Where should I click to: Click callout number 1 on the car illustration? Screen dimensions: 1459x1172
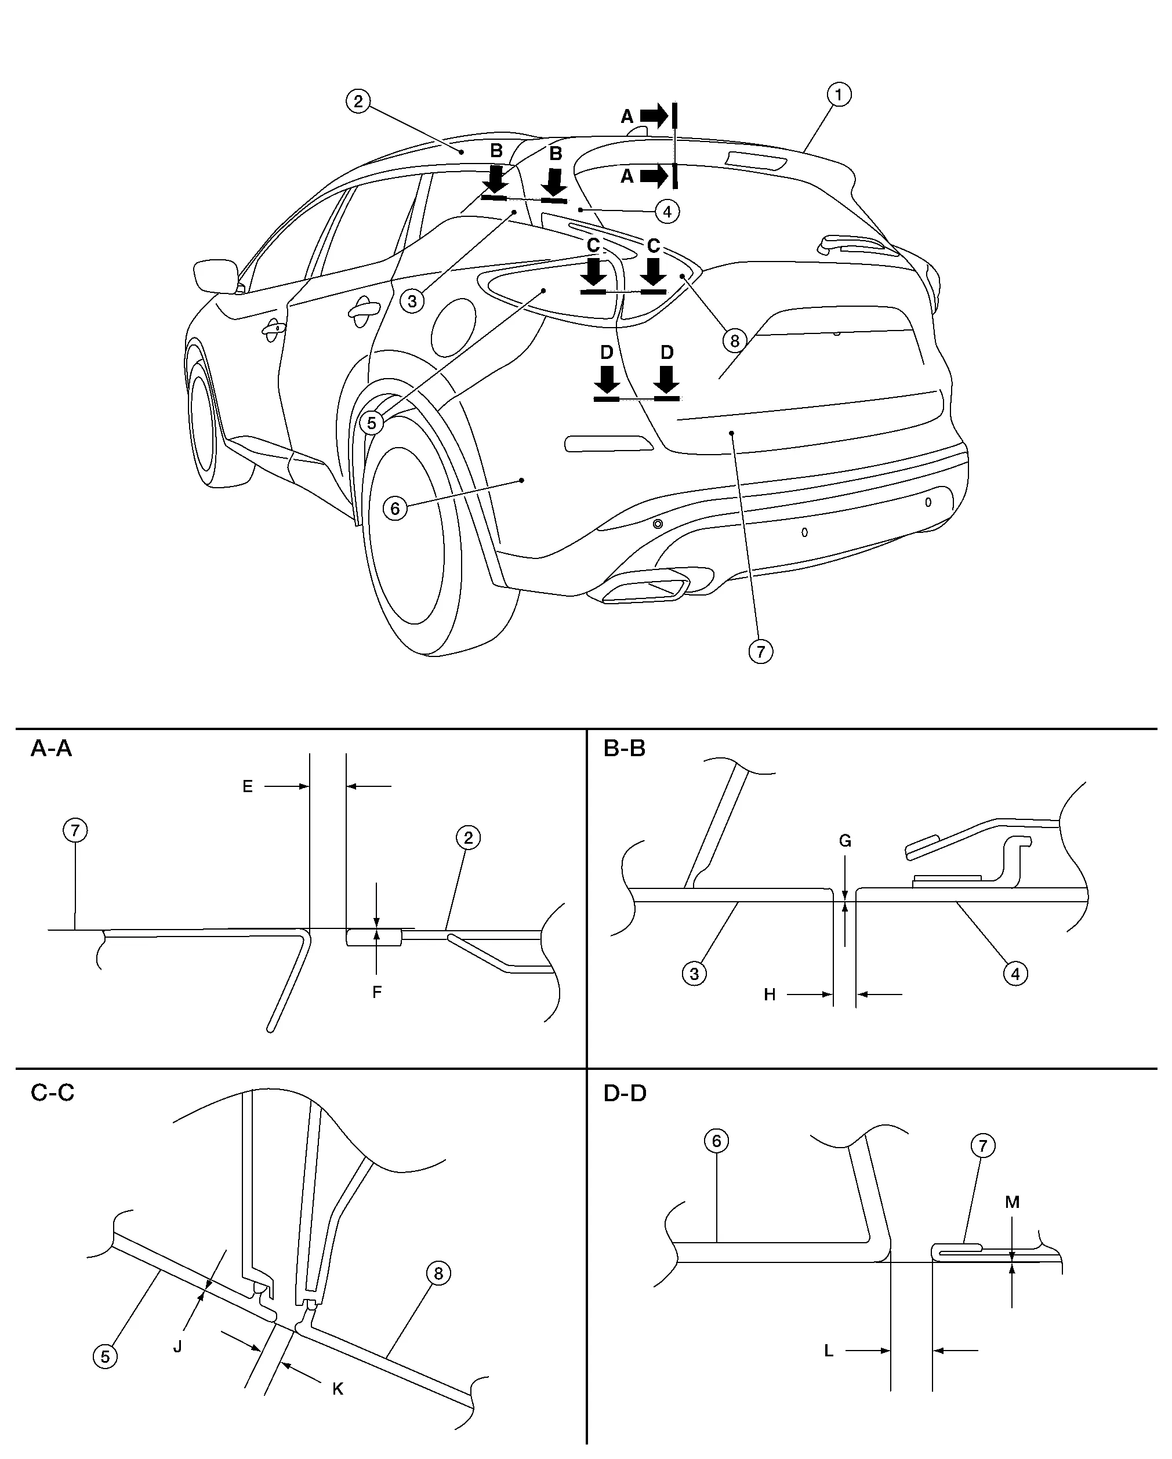point(839,95)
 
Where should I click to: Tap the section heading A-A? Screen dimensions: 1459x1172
point(51,749)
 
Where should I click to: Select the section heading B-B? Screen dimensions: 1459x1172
point(624,749)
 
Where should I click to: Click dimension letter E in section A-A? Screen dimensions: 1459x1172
point(248,786)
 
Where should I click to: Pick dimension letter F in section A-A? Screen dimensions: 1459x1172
point(377,992)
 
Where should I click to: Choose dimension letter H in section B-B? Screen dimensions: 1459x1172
point(770,995)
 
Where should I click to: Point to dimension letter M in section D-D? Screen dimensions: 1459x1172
point(1011,1203)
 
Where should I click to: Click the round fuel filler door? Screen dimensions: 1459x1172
point(453,324)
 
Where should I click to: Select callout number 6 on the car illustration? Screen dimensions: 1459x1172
point(395,507)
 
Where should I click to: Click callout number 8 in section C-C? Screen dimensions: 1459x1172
point(438,1273)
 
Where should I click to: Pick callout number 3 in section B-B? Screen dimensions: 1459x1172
point(694,974)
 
